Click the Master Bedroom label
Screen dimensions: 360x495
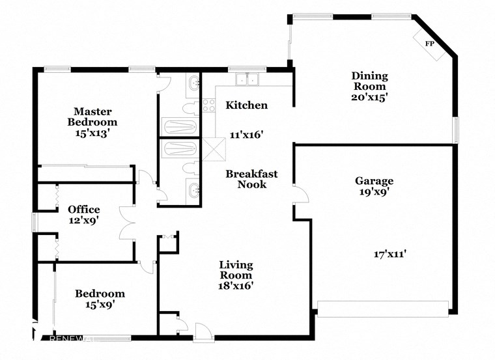tap(95, 117)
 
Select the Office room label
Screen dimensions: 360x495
tap(84, 210)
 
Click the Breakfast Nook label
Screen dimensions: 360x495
tap(251, 179)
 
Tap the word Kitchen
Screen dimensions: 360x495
tap(246, 105)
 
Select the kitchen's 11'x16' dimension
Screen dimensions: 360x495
tap(246, 135)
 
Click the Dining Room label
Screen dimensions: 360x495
tap(369, 81)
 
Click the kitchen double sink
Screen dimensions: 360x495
tap(247, 80)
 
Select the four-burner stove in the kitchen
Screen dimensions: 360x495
tap(209, 105)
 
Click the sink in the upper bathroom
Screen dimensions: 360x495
tap(193, 83)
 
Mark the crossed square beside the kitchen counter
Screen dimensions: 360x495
tap(214, 148)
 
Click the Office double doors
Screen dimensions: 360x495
tap(128, 225)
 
